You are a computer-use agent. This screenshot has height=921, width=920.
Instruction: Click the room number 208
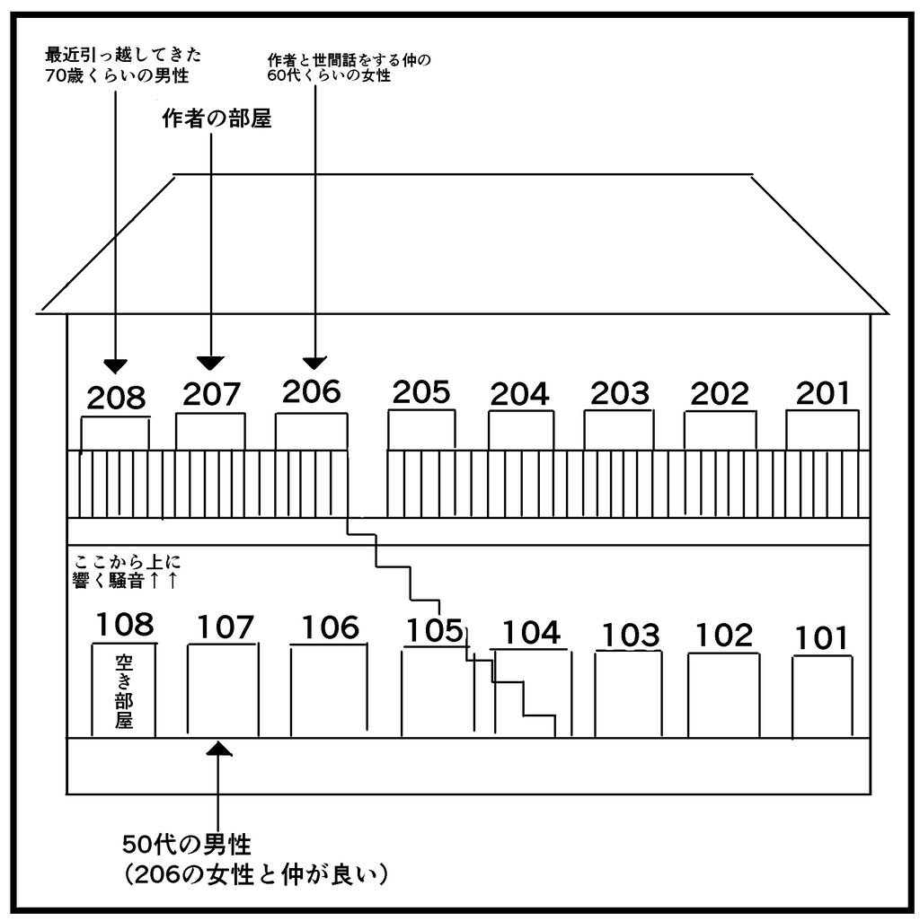(x=116, y=398)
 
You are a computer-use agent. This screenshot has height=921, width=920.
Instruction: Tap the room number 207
(x=212, y=394)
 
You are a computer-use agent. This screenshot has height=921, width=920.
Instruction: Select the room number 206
(x=312, y=391)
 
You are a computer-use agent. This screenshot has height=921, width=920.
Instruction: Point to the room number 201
(x=823, y=393)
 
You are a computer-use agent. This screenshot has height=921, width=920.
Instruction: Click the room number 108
(x=125, y=625)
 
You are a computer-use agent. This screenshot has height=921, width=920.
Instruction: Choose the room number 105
(x=435, y=631)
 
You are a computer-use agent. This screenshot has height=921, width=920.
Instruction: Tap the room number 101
(x=821, y=638)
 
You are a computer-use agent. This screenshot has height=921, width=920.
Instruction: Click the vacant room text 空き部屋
(x=124, y=691)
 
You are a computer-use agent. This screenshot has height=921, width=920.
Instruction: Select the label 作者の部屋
(x=217, y=119)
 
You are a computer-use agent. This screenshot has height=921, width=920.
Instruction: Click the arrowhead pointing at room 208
(x=115, y=366)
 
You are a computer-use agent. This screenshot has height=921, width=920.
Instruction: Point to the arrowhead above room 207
(x=210, y=364)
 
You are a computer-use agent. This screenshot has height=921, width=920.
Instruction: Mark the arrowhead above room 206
(x=314, y=363)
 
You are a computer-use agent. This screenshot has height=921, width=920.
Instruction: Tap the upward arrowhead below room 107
(x=219, y=748)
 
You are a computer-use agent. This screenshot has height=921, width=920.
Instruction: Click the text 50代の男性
(x=187, y=845)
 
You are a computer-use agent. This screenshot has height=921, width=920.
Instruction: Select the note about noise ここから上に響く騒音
(x=125, y=571)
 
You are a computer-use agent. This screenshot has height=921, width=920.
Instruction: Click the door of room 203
(x=618, y=430)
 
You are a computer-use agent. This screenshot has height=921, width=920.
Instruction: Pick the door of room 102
(x=723, y=695)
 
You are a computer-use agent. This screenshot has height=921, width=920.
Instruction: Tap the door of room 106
(x=329, y=690)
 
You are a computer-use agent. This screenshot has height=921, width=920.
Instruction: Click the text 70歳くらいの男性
(x=117, y=76)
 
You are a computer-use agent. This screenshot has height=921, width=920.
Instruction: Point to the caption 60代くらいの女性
(x=329, y=75)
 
